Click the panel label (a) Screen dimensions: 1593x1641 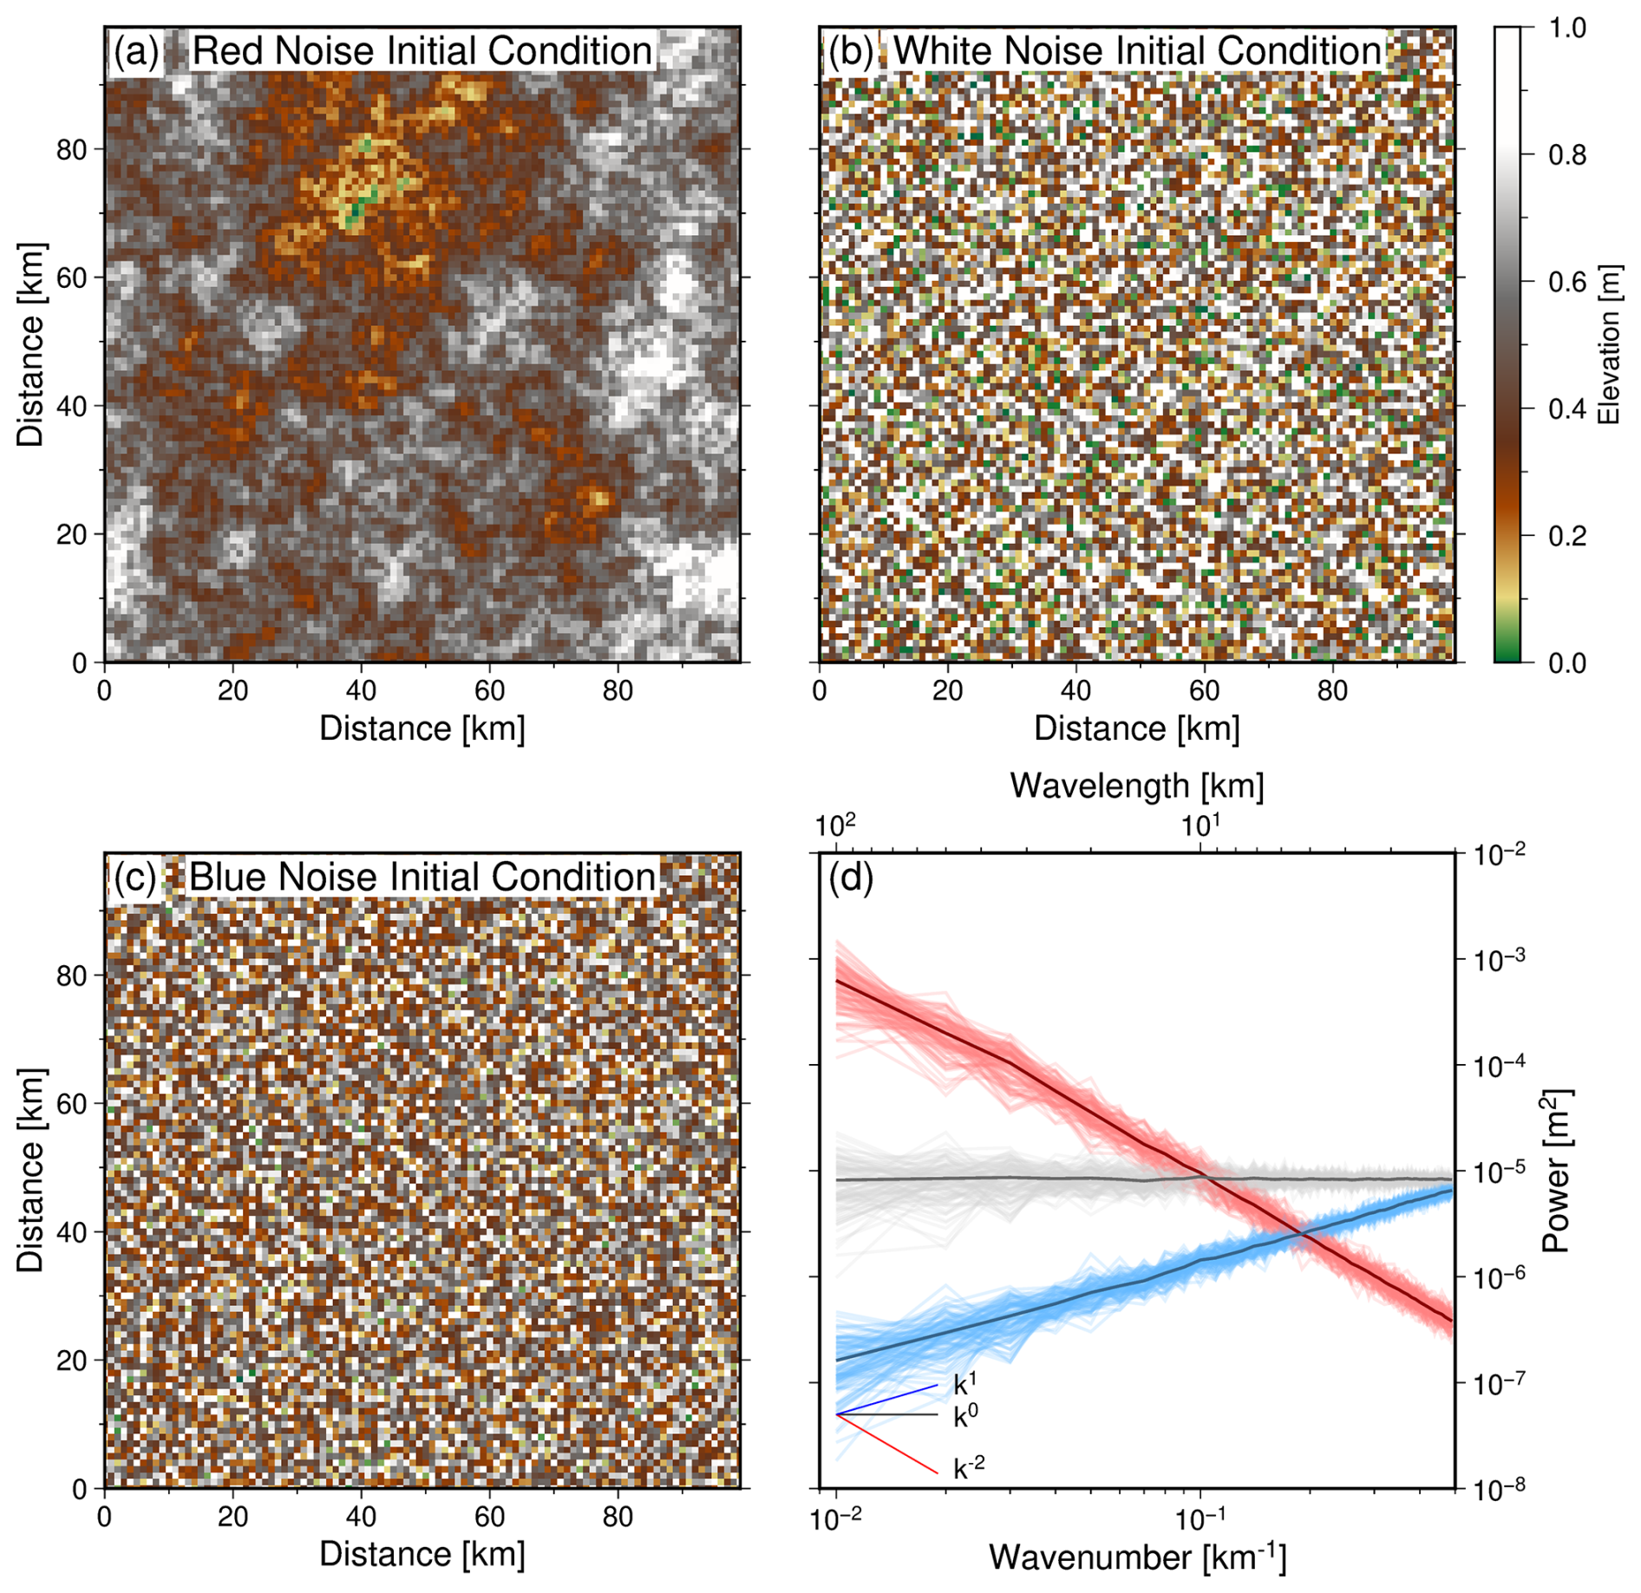tap(136, 52)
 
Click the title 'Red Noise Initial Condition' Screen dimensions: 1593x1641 tap(422, 51)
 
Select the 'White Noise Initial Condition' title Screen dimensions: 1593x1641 tap(1137, 51)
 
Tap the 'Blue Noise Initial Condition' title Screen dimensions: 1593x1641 tap(422, 878)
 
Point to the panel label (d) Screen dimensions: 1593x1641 tap(851, 878)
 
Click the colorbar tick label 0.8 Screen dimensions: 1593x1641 tap(1567, 155)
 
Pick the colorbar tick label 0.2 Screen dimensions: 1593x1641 tap(1567, 536)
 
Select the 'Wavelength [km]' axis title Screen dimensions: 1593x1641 tap(1137, 786)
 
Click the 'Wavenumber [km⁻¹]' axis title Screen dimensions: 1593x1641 tap(1137, 1557)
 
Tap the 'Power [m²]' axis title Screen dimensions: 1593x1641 tap(1557, 1172)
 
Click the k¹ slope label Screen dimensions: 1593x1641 tap(965, 1384)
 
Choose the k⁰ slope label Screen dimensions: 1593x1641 tap(965, 1417)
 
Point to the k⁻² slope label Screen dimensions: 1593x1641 tap(969, 1469)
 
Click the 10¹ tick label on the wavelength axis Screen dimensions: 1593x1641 tap(1201, 826)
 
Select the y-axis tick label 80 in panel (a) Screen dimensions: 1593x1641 tap(72, 150)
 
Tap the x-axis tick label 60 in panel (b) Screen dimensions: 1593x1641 tap(1204, 691)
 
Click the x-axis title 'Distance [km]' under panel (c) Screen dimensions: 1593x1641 tap(422, 1554)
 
